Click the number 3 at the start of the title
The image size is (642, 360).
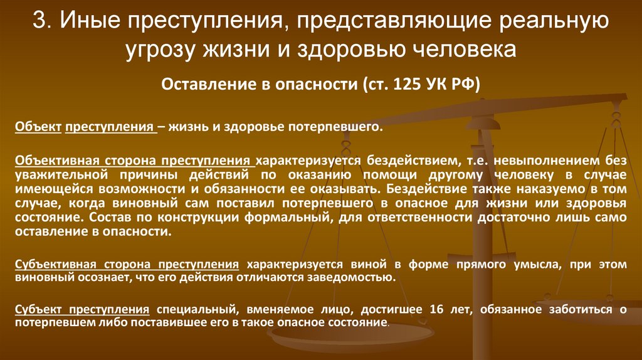39,23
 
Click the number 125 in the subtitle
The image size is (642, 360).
408,85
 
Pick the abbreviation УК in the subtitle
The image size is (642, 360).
439,85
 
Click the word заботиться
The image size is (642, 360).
576,310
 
